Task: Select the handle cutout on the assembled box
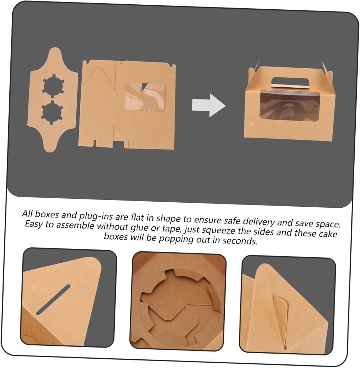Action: click(x=290, y=83)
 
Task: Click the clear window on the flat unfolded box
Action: click(x=145, y=96)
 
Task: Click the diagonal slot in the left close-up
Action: click(x=53, y=300)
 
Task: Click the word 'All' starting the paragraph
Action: click(x=27, y=213)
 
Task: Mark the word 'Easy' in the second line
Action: click(x=34, y=224)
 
